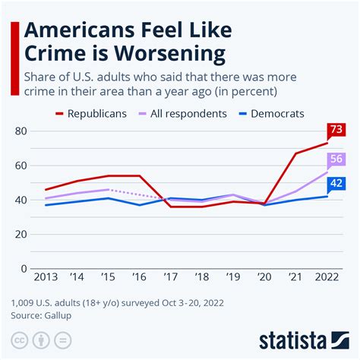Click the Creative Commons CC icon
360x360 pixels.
click(16, 339)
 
